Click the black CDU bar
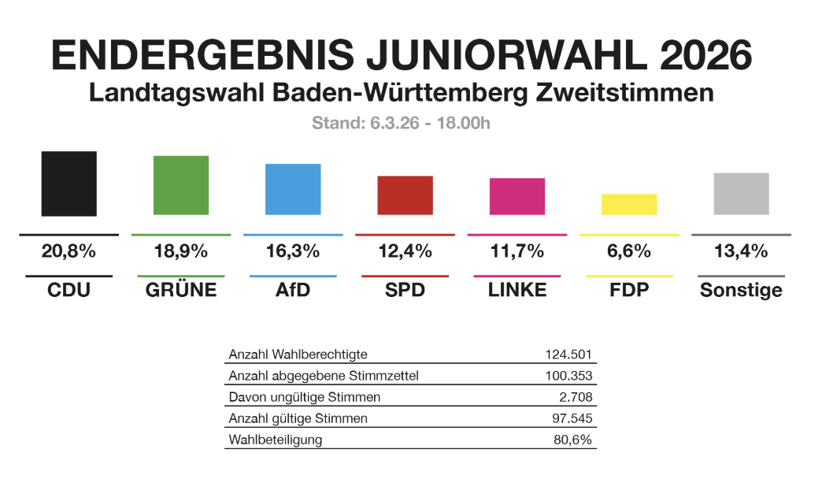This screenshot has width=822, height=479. pyautogui.click(x=69, y=184)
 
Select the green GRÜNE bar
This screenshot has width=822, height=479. pyautogui.click(x=181, y=185)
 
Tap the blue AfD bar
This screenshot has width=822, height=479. pyautogui.click(x=293, y=189)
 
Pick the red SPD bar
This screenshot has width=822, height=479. pyautogui.click(x=405, y=195)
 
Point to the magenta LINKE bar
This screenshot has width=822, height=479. pyautogui.click(x=517, y=196)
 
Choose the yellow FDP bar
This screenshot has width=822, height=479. pyautogui.click(x=629, y=204)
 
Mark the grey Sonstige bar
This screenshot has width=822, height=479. pyautogui.click(x=741, y=194)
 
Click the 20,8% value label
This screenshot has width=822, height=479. pyautogui.click(x=68, y=252)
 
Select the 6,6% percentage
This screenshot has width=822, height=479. pyautogui.click(x=629, y=252)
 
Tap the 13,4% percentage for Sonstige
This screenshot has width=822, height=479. pyautogui.click(x=741, y=252)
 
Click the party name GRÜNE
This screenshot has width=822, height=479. pyautogui.click(x=181, y=290)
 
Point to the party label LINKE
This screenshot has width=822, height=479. pyautogui.click(x=517, y=290)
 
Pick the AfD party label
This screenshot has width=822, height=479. pyautogui.click(x=293, y=290)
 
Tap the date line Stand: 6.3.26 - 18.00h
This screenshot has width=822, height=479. pyautogui.click(x=402, y=124)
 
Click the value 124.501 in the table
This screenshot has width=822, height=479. pyautogui.click(x=568, y=355)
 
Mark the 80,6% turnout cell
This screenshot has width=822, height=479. pyautogui.click(x=573, y=440)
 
